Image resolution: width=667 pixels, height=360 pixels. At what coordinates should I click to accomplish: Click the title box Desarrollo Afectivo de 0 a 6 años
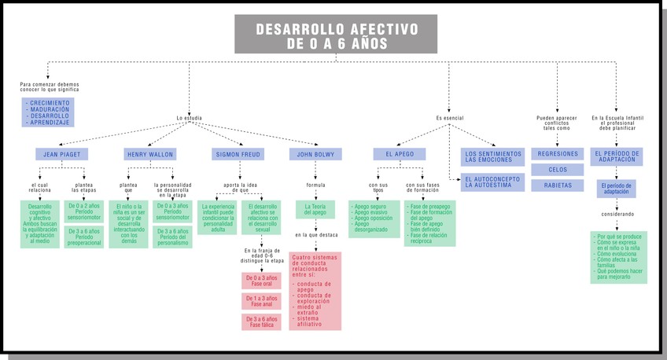click(336, 35)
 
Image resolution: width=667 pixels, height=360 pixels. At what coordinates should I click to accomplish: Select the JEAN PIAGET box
click(61, 154)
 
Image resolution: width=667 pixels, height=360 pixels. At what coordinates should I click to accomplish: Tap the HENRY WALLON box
click(149, 154)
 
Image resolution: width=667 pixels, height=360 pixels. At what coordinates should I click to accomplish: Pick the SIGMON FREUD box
click(238, 154)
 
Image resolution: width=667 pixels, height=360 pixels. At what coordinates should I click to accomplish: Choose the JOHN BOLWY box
click(315, 154)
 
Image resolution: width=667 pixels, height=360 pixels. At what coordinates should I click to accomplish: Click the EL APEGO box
click(399, 154)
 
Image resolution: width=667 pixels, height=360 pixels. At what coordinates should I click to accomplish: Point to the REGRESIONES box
click(558, 154)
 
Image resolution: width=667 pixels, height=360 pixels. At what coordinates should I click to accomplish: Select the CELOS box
click(558, 170)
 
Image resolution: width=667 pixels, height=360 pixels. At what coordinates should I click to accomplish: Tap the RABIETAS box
click(558, 186)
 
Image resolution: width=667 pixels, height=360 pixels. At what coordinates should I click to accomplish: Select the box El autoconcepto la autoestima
click(492, 182)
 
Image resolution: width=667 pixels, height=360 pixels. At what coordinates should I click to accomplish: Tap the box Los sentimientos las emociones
click(492, 157)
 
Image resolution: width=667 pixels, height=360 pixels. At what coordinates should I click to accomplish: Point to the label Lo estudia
click(190, 119)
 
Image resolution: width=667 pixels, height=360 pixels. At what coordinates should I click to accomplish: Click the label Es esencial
click(449, 119)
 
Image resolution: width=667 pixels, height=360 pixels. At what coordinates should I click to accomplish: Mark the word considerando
click(617, 214)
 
